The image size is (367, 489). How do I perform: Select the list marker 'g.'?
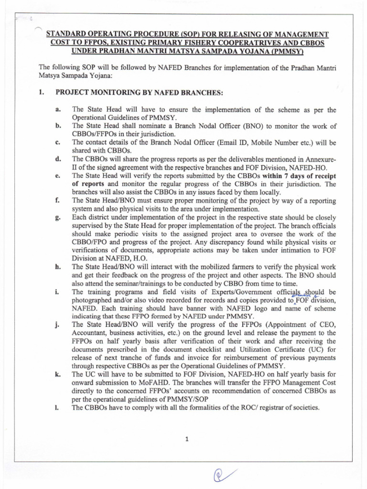click(x=58, y=218)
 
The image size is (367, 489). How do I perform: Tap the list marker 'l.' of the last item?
click(x=57, y=407)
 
